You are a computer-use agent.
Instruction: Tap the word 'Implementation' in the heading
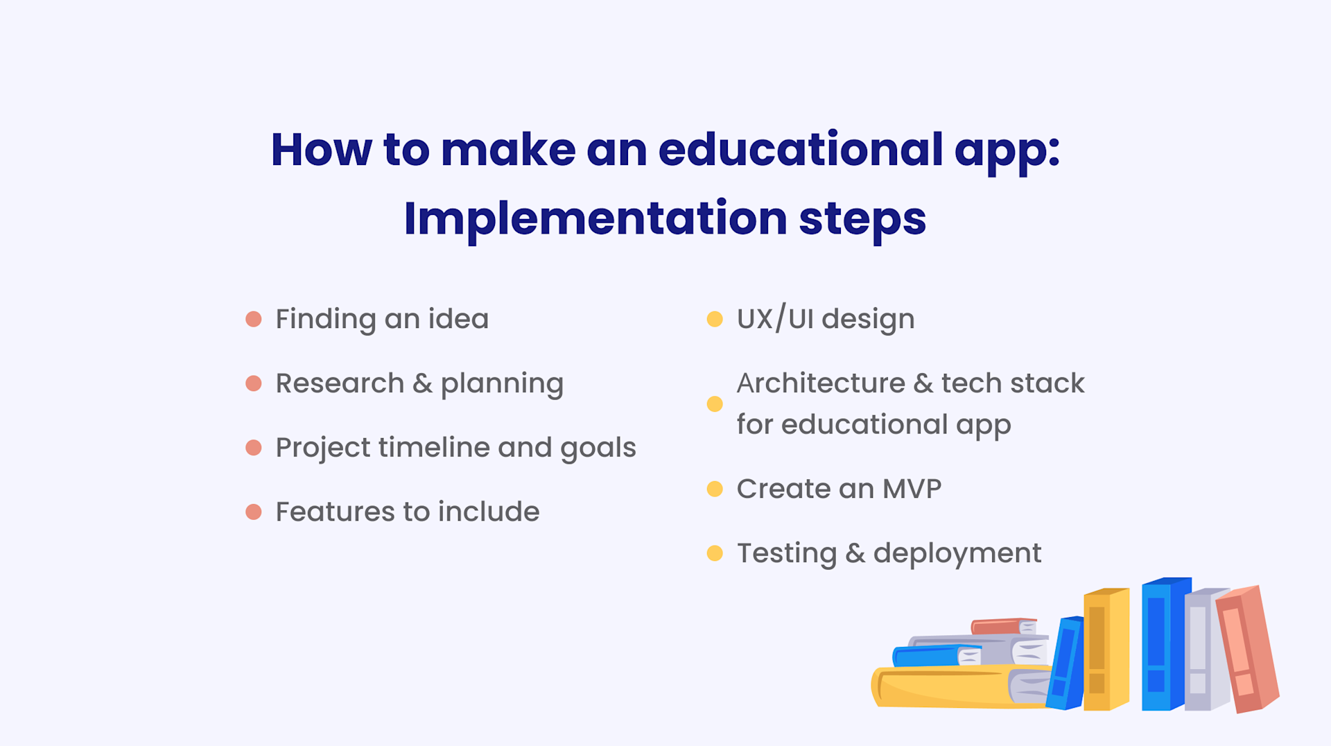click(x=595, y=218)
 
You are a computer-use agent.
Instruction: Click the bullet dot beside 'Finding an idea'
click(x=254, y=319)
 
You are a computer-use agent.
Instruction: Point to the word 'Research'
click(x=340, y=383)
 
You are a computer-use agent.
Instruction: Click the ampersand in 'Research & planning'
click(x=422, y=383)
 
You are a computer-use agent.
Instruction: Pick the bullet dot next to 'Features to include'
click(x=254, y=512)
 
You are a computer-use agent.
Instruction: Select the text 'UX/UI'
click(x=775, y=319)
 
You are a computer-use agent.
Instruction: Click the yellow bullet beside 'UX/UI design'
click(x=715, y=319)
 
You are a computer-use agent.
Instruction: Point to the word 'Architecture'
click(x=820, y=383)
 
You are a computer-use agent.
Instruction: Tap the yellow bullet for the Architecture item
click(x=715, y=404)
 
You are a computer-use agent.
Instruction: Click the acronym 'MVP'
click(x=912, y=489)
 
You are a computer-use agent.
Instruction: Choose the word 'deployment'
click(x=957, y=554)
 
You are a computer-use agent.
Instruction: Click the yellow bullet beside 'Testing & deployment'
click(x=715, y=553)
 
